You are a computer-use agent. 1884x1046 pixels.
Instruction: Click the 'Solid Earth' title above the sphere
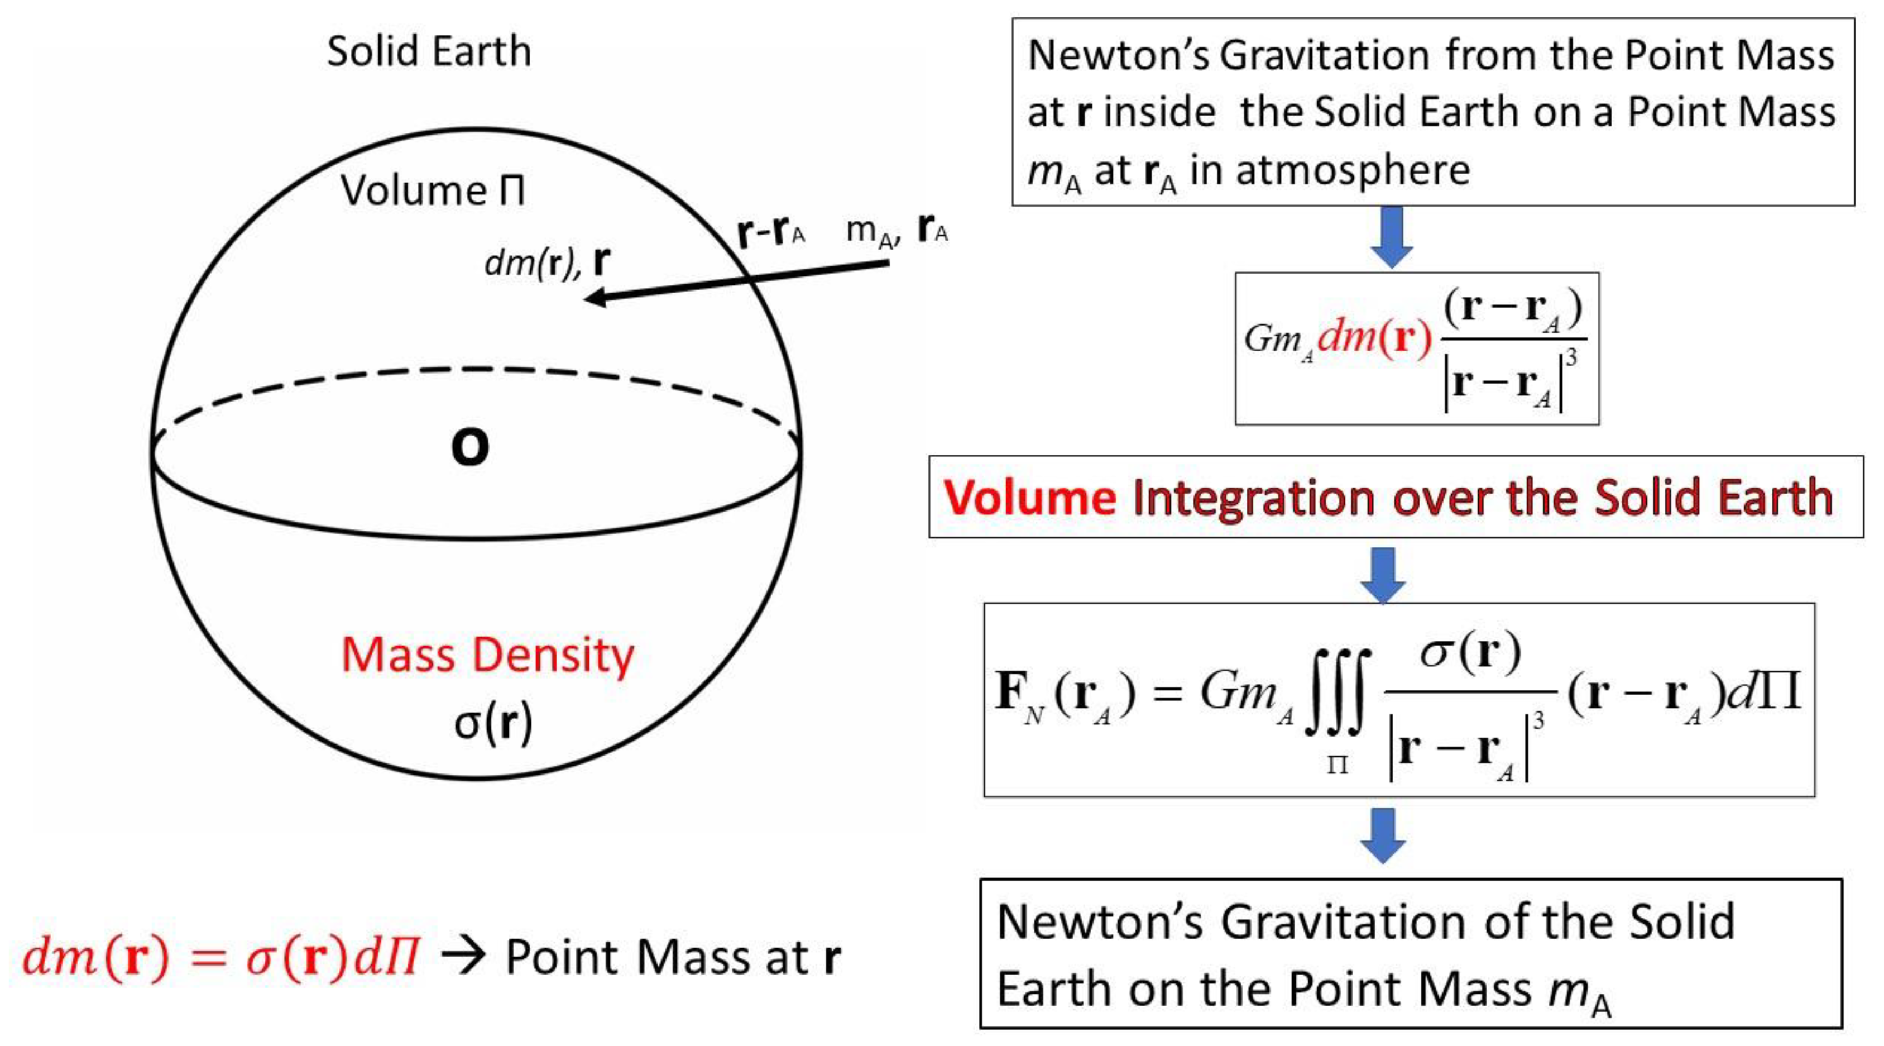point(429,52)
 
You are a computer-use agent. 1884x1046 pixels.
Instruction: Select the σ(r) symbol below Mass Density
point(493,723)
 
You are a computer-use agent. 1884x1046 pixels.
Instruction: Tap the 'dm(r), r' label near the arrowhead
point(547,261)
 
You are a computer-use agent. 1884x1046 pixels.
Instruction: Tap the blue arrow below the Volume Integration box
point(1382,575)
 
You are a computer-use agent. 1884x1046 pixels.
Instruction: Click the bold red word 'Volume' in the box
point(1030,498)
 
